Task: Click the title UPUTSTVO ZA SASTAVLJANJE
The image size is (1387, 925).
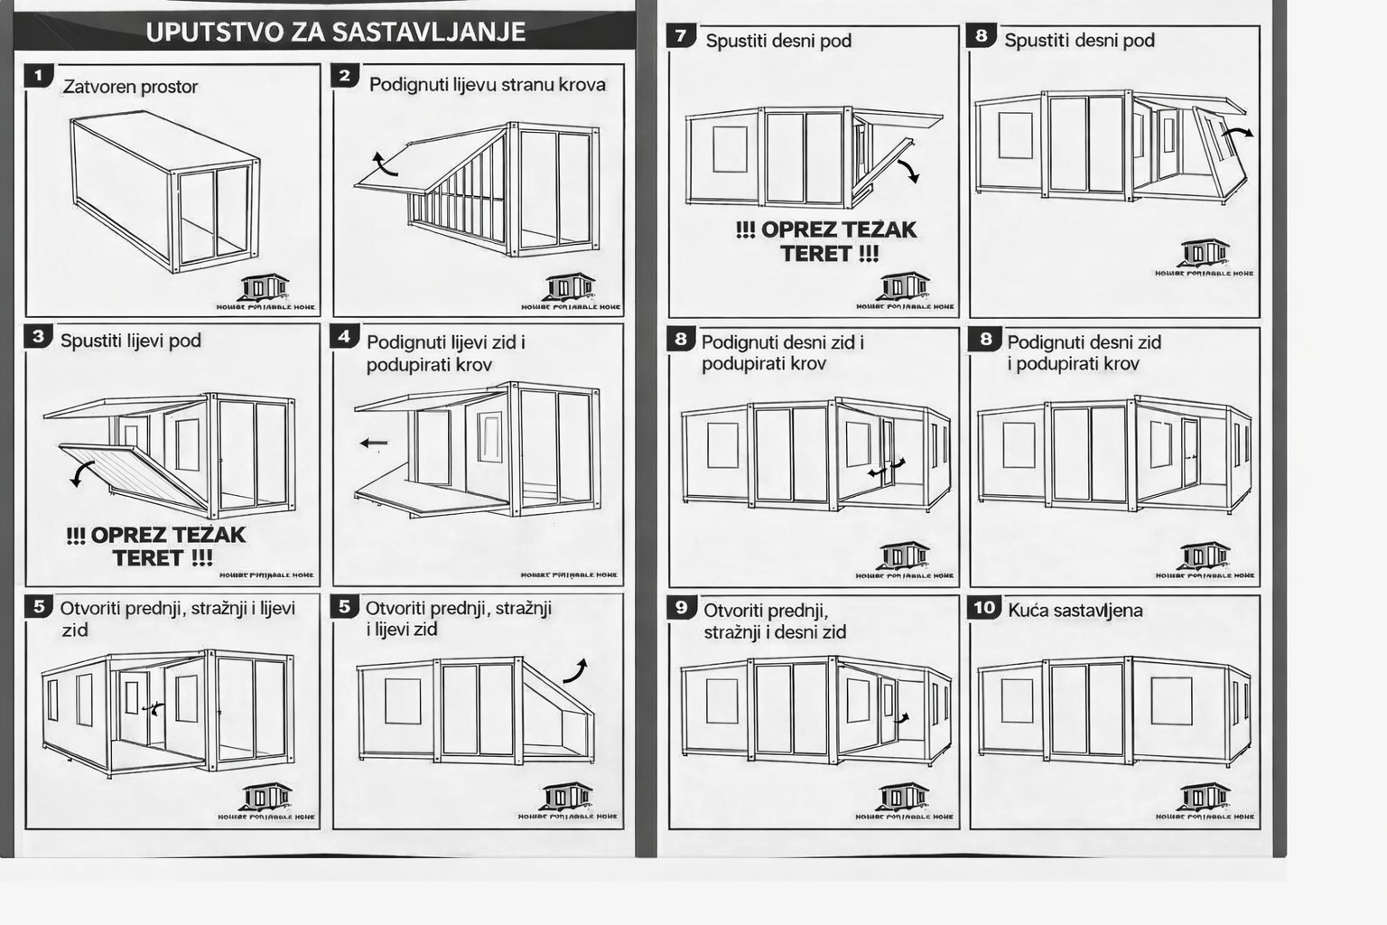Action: [335, 33]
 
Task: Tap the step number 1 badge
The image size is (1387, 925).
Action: [39, 76]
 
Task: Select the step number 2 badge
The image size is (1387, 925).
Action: [344, 76]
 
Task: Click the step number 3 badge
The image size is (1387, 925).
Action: [39, 337]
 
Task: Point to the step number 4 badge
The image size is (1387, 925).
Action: [344, 337]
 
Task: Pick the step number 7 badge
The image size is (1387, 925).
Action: [681, 36]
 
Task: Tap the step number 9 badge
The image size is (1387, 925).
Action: [681, 607]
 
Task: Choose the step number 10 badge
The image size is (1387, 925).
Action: [984, 607]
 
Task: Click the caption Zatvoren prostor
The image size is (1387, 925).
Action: [130, 87]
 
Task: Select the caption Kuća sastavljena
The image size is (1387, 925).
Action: [1075, 611]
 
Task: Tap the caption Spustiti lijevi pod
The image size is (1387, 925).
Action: [130, 341]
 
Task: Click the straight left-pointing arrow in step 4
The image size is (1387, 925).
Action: [373, 443]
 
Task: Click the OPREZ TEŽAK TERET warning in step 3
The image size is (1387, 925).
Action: [155, 547]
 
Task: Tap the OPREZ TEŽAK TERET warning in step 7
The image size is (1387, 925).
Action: [826, 241]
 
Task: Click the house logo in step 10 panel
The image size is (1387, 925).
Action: [1205, 798]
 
